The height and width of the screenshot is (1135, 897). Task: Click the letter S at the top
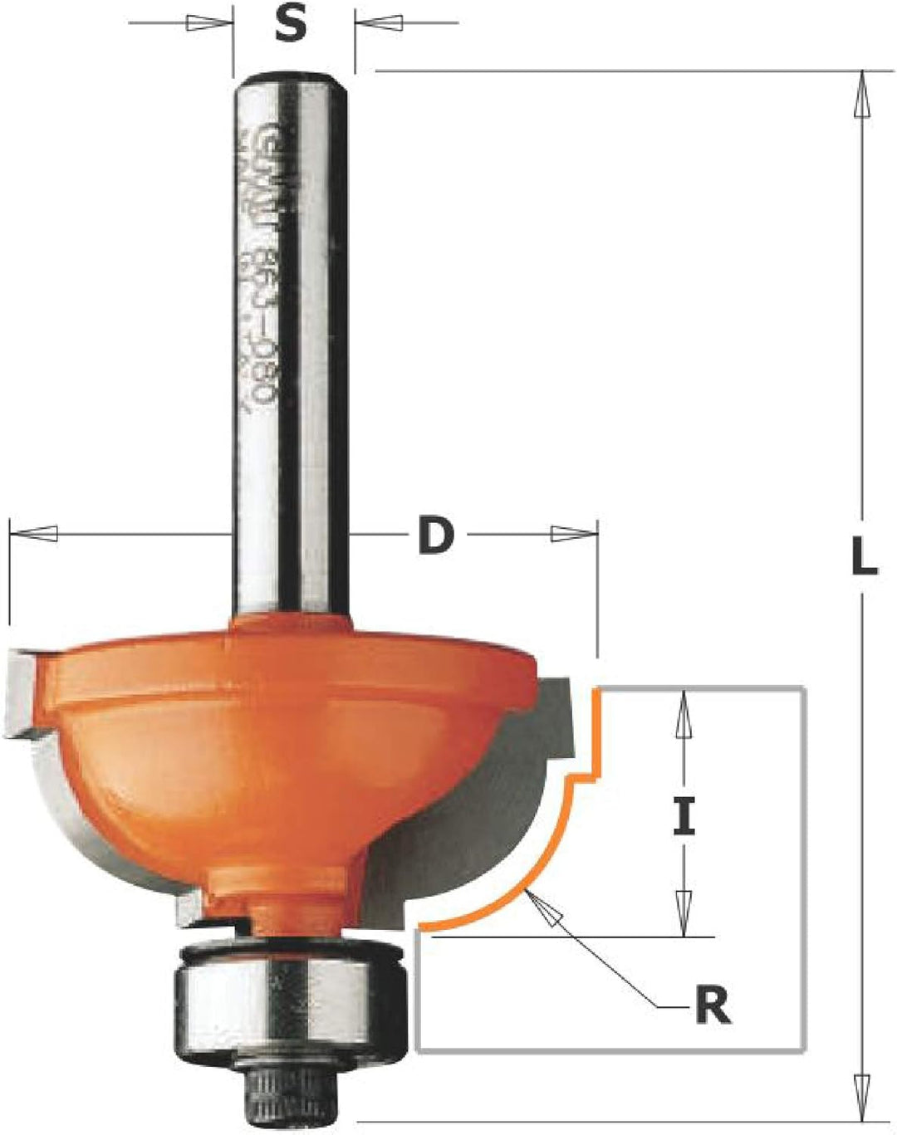290,27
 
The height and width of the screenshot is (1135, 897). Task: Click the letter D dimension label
436,536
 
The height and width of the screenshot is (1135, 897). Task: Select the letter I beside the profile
683,817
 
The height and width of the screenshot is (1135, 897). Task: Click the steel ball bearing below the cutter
221,995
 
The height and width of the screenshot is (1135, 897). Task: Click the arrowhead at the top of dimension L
863,87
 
